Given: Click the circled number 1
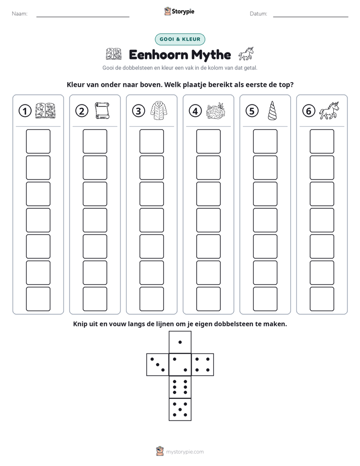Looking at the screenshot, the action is click(25, 111).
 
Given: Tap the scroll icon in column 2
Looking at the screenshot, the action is click(102, 110).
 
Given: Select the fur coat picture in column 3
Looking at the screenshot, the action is click(159, 110).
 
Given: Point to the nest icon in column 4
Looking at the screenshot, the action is click(216, 111).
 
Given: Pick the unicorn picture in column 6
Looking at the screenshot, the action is click(329, 110).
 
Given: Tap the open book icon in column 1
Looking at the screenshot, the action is click(45, 111).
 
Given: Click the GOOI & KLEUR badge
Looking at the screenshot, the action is click(180, 39).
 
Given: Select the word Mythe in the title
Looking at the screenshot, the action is click(211, 55).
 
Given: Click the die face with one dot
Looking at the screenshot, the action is click(180, 342).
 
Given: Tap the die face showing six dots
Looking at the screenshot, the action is click(180, 387).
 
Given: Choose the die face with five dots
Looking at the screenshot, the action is click(180, 410).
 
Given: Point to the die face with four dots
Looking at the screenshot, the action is click(203, 365).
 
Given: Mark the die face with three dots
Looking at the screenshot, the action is click(158, 365).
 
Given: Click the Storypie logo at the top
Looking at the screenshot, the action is click(179, 12).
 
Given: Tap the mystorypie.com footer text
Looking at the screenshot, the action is click(185, 452).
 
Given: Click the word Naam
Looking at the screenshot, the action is click(20, 14).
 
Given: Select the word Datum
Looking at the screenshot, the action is click(259, 14).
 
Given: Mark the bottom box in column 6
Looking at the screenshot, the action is click(322, 299).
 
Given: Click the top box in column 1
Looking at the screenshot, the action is click(38, 141).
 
